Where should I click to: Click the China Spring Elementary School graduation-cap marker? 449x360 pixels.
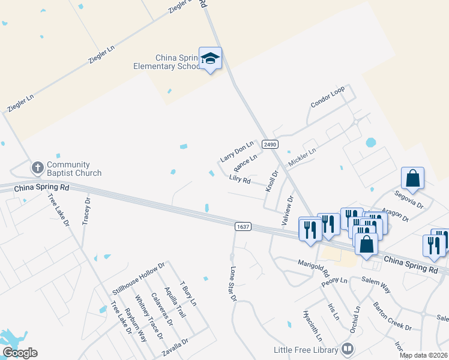(210, 58)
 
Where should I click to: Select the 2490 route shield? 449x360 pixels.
(270, 145)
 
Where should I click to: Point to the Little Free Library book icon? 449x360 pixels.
(347, 348)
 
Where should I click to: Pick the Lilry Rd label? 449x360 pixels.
(240, 179)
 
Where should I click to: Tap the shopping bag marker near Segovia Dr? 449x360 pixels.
(412, 178)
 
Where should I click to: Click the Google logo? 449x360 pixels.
(20, 353)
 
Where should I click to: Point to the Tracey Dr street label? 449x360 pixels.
(86, 210)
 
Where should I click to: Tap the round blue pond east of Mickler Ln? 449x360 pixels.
(370, 143)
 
